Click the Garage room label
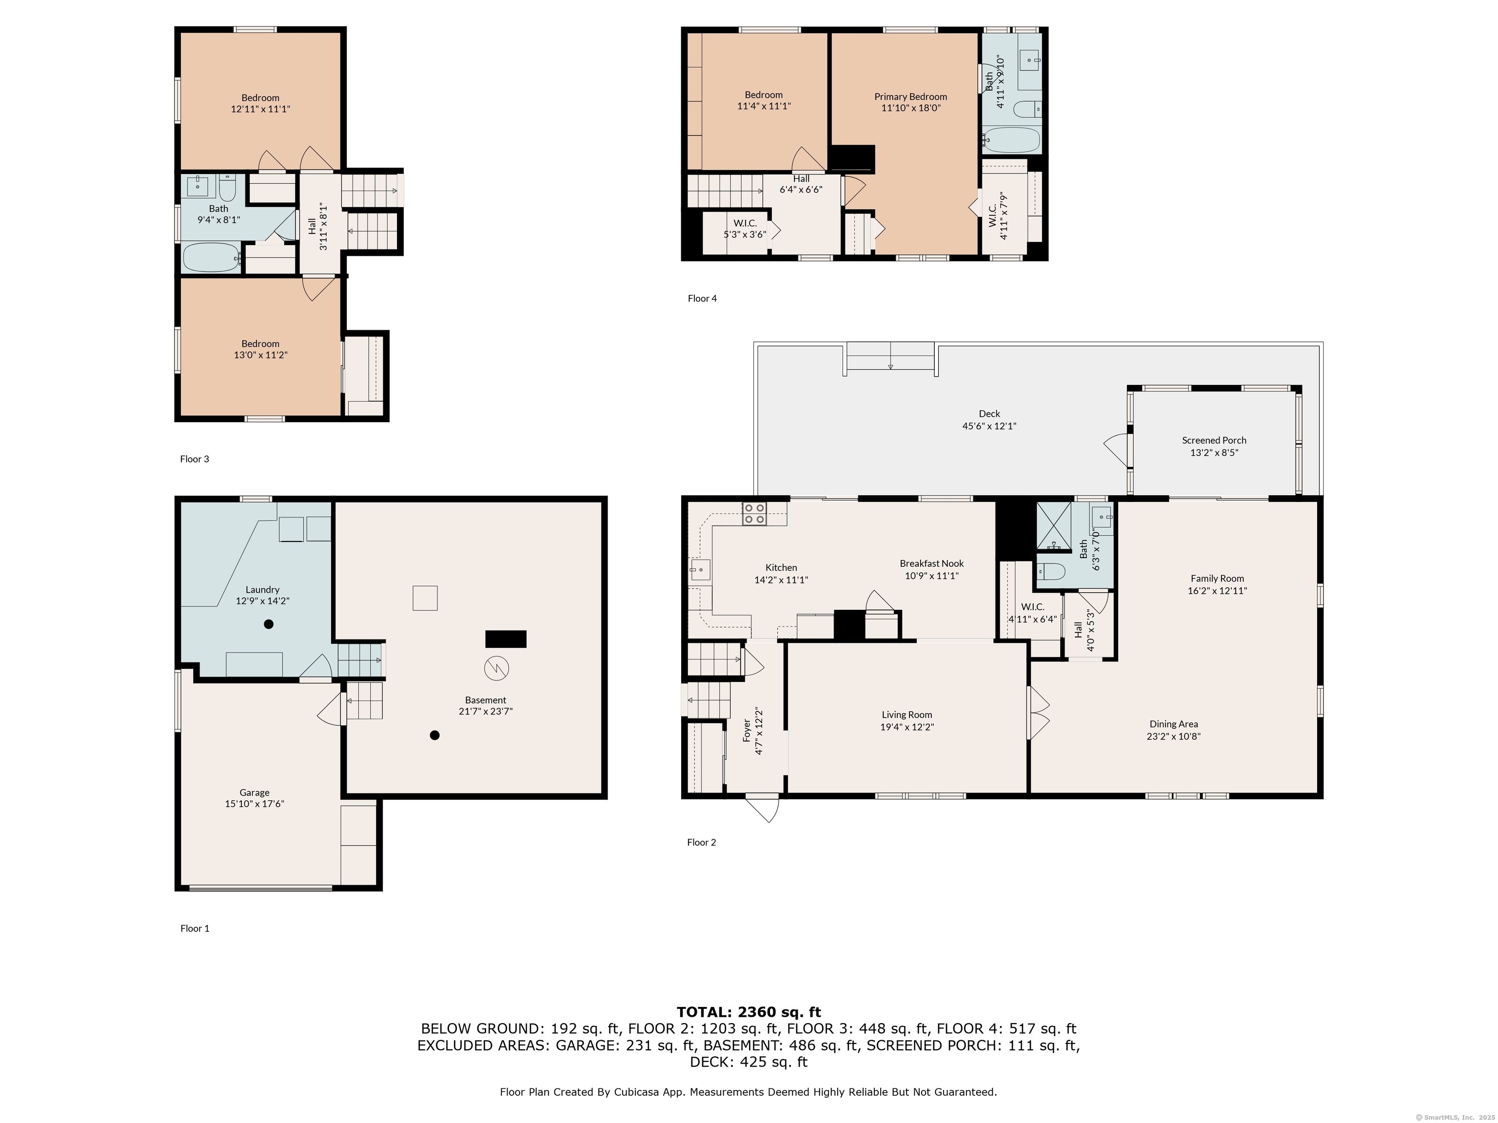tap(254, 793)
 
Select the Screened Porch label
tap(1214, 440)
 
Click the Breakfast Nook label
tap(932, 563)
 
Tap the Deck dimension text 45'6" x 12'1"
tap(989, 426)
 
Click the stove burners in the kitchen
tap(754, 514)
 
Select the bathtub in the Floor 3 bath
tap(211, 257)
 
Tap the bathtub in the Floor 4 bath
tap(1012, 140)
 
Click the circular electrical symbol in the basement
tap(496, 669)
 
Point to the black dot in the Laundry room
tap(269, 624)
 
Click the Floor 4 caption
tap(702, 298)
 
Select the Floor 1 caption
tap(195, 929)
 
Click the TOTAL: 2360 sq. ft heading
tap(749, 1012)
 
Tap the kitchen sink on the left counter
tap(700, 570)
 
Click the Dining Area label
tap(1174, 724)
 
